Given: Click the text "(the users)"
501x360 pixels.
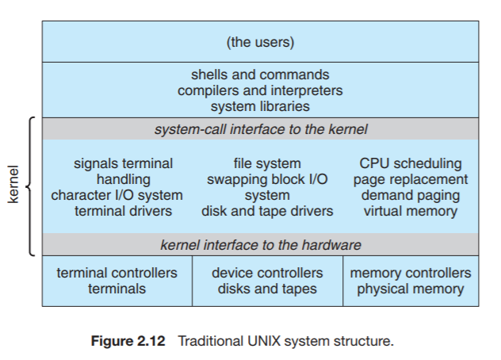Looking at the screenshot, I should click(260, 41).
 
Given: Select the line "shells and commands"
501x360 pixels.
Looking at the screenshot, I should click(260, 75).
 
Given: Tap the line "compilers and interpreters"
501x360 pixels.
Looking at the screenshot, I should click(260, 90).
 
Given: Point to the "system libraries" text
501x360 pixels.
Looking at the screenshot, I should click(260, 105).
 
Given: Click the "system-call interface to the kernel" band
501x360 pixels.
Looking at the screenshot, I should click(260, 128).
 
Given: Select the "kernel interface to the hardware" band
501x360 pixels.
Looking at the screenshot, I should click(260, 244).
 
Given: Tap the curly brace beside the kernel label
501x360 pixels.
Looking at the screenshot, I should click(30, 186).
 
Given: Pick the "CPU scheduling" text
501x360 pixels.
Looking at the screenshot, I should click(410, 163).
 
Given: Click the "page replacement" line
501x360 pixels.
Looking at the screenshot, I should click(410, 179).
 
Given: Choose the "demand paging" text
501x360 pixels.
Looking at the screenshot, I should click(410, 195).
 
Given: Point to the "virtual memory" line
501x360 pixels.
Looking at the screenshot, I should click(410, 211).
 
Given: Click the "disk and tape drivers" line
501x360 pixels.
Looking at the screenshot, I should click(267, 211).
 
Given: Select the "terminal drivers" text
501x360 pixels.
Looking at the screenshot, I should click(123, 211).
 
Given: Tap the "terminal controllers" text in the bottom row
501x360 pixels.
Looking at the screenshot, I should click(117, 273).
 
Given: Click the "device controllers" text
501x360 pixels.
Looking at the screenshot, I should click(267, 273).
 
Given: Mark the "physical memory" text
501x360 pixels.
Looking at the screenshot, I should click(410, 289).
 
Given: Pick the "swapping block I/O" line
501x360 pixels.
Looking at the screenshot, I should click(267, 179).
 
